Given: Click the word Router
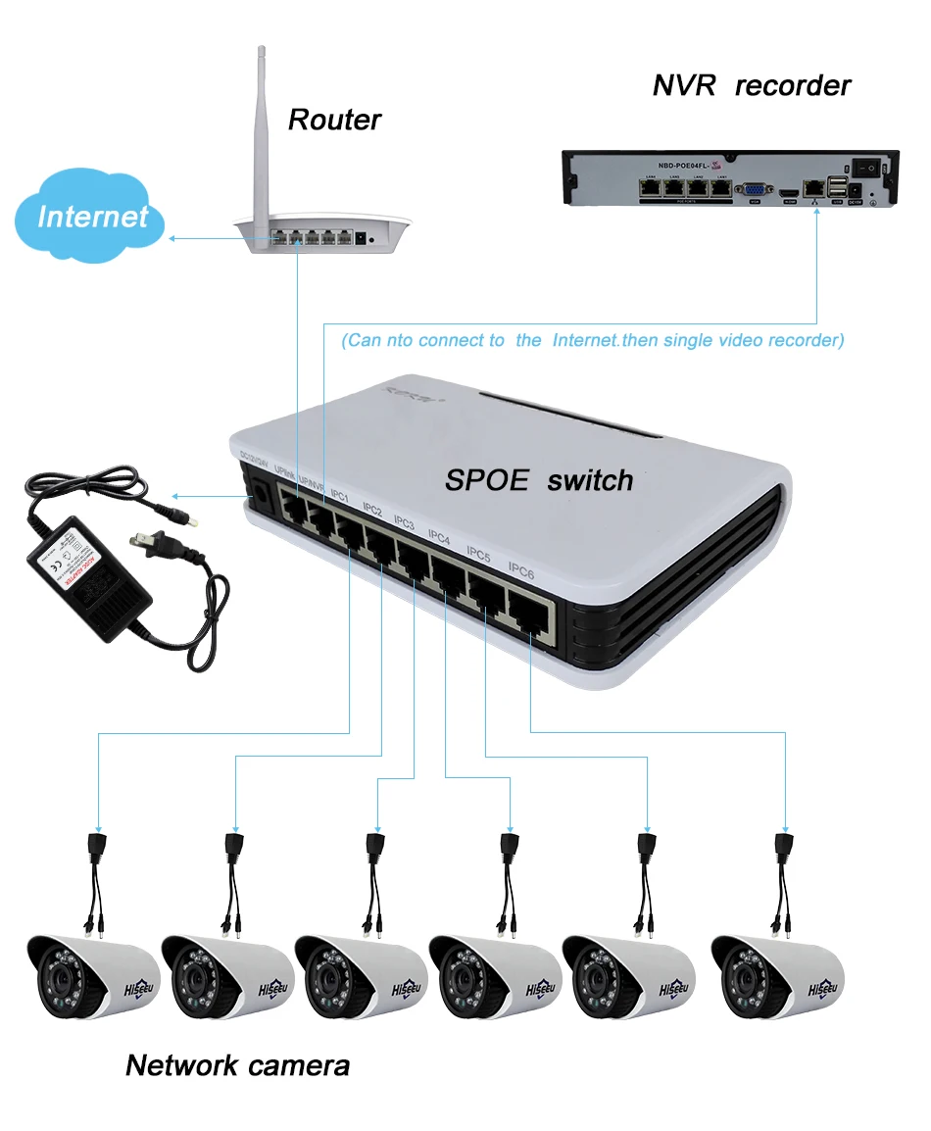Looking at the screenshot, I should pyautogui.click(x=334, y=120).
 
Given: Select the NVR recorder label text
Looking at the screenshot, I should pyautogui.click(x=752, y=85).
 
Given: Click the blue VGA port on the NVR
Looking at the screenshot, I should pyautogui.click(x=756, y=190).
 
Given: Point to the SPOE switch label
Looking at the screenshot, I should pyautogui.click(x=539, y=480).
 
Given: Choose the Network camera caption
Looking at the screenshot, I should pyautogui.click(x=237, y=1064).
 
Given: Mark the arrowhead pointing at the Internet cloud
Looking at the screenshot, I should pyautogui.click(x=172, y=238).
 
